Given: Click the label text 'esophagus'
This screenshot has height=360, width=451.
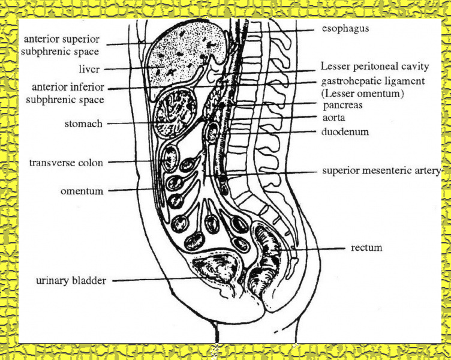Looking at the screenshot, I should click(345, 28).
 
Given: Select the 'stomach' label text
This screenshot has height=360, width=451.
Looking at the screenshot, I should click(83, 124).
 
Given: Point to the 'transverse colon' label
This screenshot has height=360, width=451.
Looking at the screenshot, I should click(66, 163).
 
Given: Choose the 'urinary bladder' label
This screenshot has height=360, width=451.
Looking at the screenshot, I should click(71, 281).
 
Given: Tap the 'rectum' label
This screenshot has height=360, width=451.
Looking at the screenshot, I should click(368, 247).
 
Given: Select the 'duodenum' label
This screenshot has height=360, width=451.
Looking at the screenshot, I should click(344, 131).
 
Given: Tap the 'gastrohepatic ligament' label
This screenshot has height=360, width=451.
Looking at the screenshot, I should click(373, 80).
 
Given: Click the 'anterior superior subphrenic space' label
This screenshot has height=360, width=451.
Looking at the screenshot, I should click(61, 45).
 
